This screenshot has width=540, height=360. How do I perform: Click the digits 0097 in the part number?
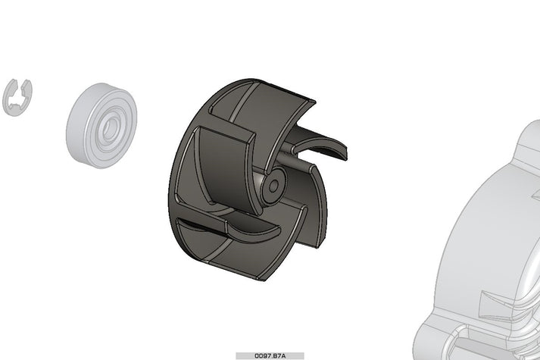pos(263,355)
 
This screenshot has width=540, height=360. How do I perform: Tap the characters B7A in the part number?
pos(278,355)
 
